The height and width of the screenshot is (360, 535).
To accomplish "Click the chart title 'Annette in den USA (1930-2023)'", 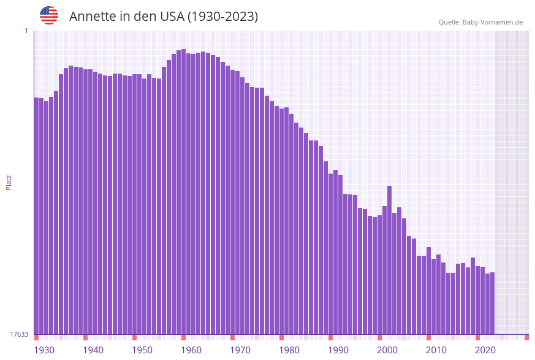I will point(164,17).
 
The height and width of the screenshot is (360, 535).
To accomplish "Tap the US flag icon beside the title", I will point(49,15).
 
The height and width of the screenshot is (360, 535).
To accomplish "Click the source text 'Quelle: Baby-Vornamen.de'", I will point(480,22).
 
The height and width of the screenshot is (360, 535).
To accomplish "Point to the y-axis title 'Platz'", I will point(9,182).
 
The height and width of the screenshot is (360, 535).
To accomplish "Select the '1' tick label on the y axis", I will point(26,31).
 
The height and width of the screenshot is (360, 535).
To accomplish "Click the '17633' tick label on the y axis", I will point(19,334).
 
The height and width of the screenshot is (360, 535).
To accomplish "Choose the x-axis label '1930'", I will point(44,350).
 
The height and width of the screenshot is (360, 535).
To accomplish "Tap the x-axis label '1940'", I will point(93,350).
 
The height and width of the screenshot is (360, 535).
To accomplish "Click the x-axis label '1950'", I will point(142,350).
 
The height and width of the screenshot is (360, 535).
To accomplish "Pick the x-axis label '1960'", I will point(191,350).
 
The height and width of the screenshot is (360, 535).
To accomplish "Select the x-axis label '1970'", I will point(240,350).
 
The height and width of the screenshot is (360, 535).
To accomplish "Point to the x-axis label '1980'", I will point(289,350).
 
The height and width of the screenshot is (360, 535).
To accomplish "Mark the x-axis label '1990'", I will point(338,350).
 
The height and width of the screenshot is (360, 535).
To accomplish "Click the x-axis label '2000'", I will point(387,350).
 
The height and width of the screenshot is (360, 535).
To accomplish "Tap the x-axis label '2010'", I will point(436,350).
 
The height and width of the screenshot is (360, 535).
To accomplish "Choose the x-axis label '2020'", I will point(485,350).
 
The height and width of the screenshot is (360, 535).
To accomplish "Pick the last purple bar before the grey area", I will point(492,303).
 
